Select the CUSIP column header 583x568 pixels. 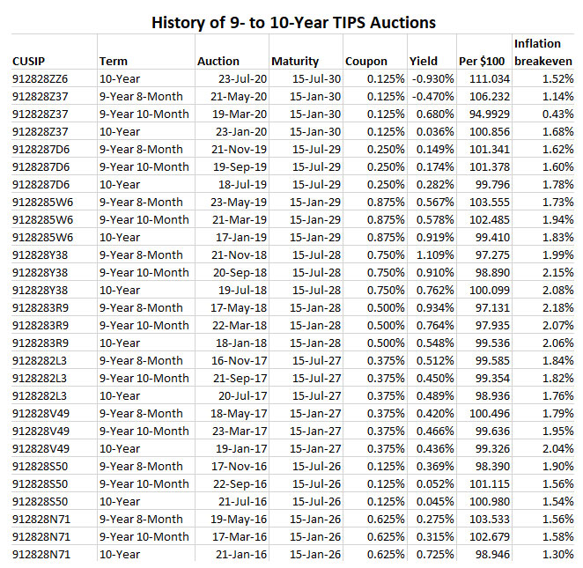pyautogui.click(x=30, y=61)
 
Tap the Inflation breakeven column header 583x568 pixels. pyautogui.click(x=542, y=52)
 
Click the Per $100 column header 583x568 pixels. pyautogui.click(x=481, y=61)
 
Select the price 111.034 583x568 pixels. pyautogui.click(x=484, y=78)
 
